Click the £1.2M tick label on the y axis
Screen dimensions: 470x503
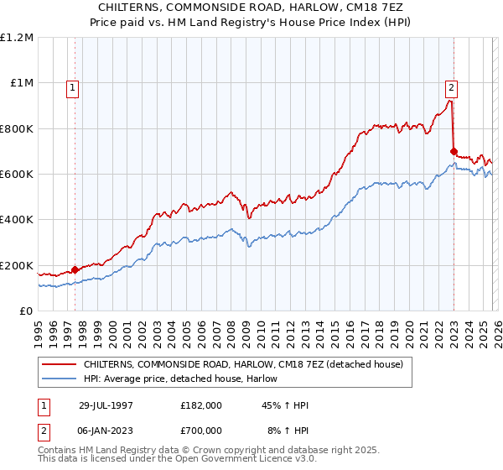point(17,38)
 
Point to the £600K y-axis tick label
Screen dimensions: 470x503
point(17,175)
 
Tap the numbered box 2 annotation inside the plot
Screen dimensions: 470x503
point(451,86)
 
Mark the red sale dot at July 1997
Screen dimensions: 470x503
point(75,269)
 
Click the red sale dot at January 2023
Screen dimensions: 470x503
point(454,152)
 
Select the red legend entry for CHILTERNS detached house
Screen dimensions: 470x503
point(243,365)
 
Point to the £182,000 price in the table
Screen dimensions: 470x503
point(200,405)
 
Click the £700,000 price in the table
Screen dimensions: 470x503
point(200,430)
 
